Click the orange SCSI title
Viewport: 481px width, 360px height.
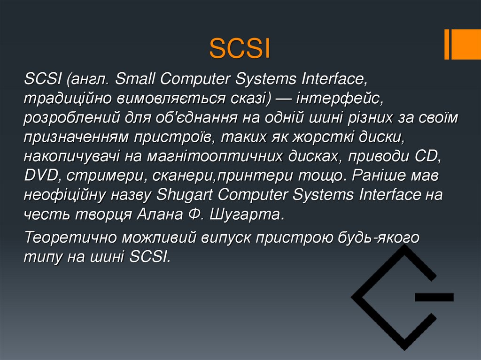(240, 49)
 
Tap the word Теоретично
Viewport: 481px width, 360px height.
(71, 237)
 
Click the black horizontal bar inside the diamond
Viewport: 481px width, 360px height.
(434, 297)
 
